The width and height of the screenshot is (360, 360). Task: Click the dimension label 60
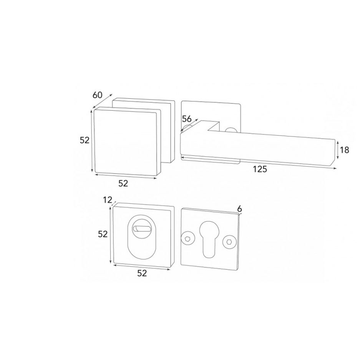(97, 95)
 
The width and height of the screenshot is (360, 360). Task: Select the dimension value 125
(260, 169)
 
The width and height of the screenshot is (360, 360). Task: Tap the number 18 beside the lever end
(344, 150)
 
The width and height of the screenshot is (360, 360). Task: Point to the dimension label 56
(187, 119)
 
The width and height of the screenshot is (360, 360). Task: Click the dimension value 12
(108, 200)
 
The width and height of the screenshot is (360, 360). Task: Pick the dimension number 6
(239, 209)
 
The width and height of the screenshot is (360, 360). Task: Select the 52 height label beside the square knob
(85, 140)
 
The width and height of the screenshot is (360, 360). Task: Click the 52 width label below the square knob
(123, 183)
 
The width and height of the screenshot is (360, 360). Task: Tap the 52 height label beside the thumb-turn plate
(103, 234)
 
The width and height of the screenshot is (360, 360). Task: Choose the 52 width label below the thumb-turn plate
(142, 273)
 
